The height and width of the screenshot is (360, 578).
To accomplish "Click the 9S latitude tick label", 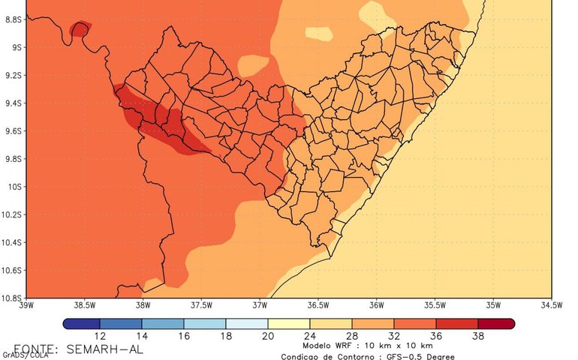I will [x=13, y=47].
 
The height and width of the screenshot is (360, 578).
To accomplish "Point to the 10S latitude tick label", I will [x=11, y=187].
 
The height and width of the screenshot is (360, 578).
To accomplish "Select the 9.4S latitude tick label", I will [x=11, y=103].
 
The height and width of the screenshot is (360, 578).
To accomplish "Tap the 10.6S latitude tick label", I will [x=11, y=270].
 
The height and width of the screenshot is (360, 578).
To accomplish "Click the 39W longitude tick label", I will [x=26, y=305].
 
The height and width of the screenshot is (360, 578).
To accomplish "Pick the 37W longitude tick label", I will [x=260, y=305].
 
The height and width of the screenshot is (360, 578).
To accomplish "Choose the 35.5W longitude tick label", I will [x=435, y=305].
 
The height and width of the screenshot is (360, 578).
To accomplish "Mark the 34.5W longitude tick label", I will [x=551, y=305].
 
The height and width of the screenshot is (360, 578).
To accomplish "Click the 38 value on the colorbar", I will [x=476, y=337].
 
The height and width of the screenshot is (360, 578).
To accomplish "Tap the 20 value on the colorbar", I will [x=268, y=337].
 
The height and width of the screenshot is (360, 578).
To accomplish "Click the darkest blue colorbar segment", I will [x=81, y=324].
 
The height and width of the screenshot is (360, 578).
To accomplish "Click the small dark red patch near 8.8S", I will [x=79, y=28].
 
